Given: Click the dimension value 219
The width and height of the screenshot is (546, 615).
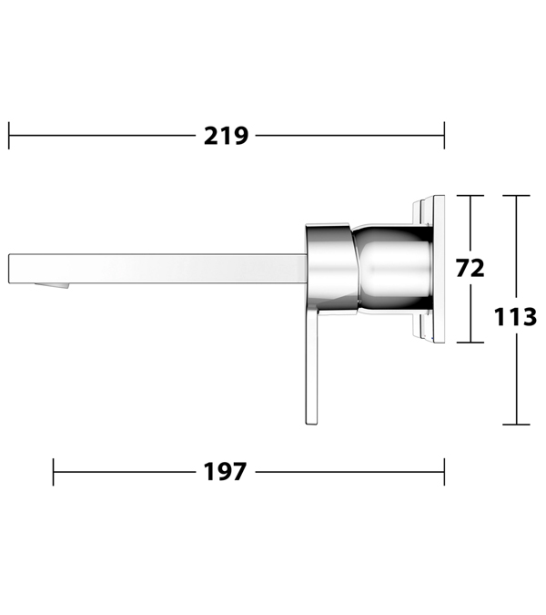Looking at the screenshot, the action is coord(226,136).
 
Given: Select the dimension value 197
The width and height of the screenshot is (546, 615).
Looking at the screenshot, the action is coord(225,471).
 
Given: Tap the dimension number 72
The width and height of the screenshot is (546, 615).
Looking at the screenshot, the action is coord(470,269).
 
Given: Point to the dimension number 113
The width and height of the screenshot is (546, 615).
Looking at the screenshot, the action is coord(515,317).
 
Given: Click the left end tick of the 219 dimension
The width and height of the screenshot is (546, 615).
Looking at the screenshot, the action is coord(9,136).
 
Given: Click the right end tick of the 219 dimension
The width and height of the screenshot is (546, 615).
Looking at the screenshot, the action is coord(444,136).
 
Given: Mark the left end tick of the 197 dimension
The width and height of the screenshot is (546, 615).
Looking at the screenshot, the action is coord(54,472).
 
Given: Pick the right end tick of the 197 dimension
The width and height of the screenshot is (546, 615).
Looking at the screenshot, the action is coord(444,472).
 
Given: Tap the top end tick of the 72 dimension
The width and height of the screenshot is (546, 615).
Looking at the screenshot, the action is coord(470,195).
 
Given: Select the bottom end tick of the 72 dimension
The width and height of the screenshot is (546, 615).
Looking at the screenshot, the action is coord(470,343).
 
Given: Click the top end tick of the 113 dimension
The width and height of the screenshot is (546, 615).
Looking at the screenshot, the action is coord(517,195).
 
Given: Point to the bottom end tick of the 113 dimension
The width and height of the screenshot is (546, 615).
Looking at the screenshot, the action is coord(517,425).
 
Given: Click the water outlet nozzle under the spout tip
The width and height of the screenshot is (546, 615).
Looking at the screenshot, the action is coord(52,285).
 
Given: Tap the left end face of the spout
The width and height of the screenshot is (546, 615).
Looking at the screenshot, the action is coord(9,268).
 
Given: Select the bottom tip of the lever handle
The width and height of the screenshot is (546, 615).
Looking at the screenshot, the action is coord(311,424).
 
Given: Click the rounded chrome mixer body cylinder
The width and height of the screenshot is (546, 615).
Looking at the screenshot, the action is coord(393,269).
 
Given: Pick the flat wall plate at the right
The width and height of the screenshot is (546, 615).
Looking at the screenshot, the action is coord(439,269).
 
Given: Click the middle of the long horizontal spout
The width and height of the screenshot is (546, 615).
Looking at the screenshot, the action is coord(157,268).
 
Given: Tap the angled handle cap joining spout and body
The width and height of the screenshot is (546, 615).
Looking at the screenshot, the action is coord(332,269).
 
